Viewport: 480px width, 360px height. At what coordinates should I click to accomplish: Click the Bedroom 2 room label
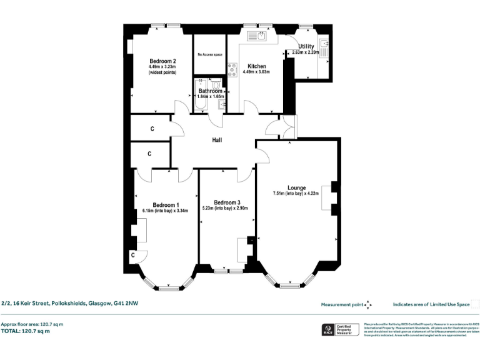161,60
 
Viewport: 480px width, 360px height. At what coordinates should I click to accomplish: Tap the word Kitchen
257,66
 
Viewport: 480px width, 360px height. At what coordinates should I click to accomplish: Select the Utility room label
306,46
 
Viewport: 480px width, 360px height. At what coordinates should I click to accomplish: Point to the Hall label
217,140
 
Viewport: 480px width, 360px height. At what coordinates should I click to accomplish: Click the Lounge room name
296,187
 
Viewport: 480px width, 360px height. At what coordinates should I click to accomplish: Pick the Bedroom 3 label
227,202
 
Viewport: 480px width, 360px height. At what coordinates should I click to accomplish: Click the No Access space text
210,55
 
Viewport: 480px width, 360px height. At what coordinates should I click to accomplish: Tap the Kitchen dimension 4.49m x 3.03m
256,72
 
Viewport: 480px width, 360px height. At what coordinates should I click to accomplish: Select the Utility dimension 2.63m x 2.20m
306,52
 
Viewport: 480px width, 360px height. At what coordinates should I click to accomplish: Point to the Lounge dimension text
296,194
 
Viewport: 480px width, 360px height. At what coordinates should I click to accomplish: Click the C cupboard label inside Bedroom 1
133,256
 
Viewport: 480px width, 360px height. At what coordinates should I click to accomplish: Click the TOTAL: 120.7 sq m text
26,331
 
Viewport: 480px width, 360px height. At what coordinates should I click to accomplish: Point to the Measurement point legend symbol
368,304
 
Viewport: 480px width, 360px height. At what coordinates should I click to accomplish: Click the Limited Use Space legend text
431,304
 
